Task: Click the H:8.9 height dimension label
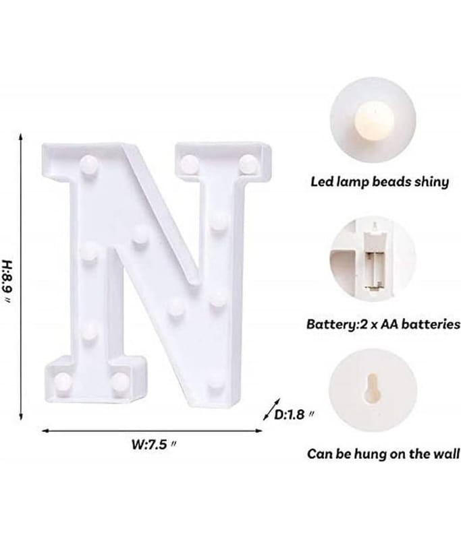[x=7, y=281]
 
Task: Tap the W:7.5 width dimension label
[x=153, y=444]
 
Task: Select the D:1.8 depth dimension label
[x=294, y=415]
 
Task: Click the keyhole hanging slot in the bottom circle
[x=373, y=387]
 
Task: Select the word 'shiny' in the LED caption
[x=432, y=182]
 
